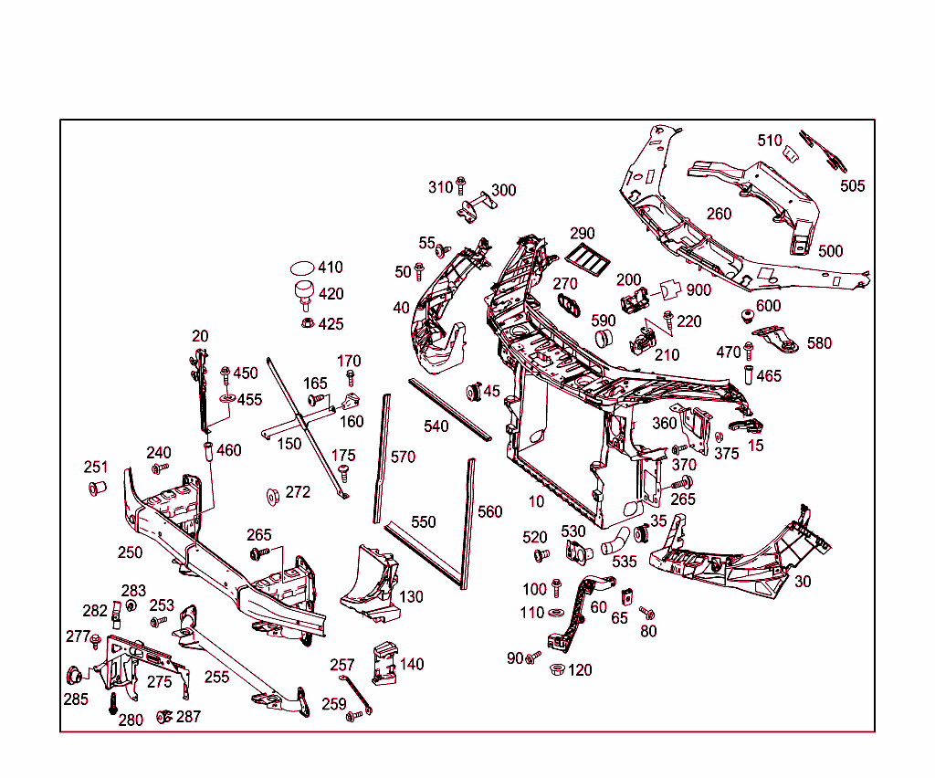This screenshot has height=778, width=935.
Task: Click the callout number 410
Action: click(331, 268)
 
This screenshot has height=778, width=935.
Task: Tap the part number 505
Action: click(852, 186)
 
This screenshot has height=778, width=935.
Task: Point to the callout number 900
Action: click(699, 289)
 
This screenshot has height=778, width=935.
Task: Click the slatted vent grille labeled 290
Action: click(587, 261)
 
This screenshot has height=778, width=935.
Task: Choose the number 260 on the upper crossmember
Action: click(719, 215)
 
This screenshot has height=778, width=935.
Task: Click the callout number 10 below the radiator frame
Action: click(536, 501)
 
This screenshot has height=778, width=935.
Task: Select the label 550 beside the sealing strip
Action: click(424, 522)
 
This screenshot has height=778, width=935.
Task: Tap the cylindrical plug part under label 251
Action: click(97, 489)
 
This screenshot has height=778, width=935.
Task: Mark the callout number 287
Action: click(188, 717)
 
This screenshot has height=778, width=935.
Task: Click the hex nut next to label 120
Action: click(555, 669)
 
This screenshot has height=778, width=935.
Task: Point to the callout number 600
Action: click(768, 306)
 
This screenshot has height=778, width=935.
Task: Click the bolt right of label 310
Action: click(460, 186)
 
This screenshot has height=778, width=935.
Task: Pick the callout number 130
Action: click(411, 596)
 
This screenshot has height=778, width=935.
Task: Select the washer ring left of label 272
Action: click(272, 495)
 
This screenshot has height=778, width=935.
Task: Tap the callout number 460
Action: click(229, 450)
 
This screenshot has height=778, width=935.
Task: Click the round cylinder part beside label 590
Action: click(604, 339)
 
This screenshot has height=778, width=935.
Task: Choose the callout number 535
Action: click(624, 562)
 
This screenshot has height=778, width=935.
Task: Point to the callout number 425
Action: click(331, 324)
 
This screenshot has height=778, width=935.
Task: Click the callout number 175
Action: click(343, 456)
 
